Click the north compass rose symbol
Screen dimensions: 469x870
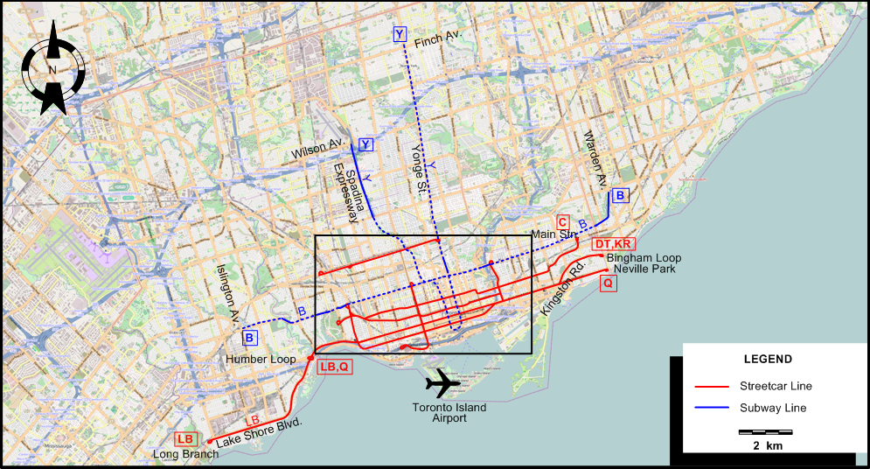click(53, 70)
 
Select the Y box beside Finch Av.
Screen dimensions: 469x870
click(400, 34)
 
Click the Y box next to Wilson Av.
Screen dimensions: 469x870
click(365, 144)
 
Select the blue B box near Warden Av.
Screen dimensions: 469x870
click(620, 195)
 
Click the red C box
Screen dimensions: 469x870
click(563, 222)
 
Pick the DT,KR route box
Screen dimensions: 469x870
click(613, 244)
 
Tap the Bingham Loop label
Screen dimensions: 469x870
click(644, 258)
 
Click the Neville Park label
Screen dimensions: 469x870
click(644, 269)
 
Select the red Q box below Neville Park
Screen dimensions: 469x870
click(608, 283)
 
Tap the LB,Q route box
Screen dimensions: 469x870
click(334, 367)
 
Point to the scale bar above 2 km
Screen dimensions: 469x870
click(765, 431)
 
